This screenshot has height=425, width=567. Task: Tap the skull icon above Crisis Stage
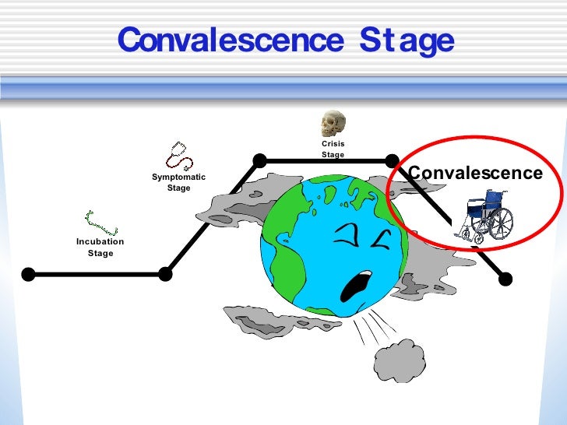click(x=333, y=124)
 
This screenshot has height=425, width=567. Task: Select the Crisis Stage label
click(x=333, y=149)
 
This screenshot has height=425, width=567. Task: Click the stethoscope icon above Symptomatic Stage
click(x=180, y=156)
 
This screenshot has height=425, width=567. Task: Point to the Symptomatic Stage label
click(x=178, y=182)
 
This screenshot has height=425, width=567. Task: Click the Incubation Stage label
click(x=100, y=248)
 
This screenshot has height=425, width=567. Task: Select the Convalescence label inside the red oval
click(x=475, y=173)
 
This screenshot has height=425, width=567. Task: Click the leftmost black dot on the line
click(x=28, y=274)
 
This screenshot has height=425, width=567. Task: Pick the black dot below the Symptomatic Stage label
click(x=165, y=274)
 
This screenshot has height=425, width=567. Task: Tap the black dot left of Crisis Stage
click(x=259, y=161)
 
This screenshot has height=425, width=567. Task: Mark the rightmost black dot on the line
click(x=505, y=278)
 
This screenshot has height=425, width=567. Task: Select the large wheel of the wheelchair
click(x=498, y=223)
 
